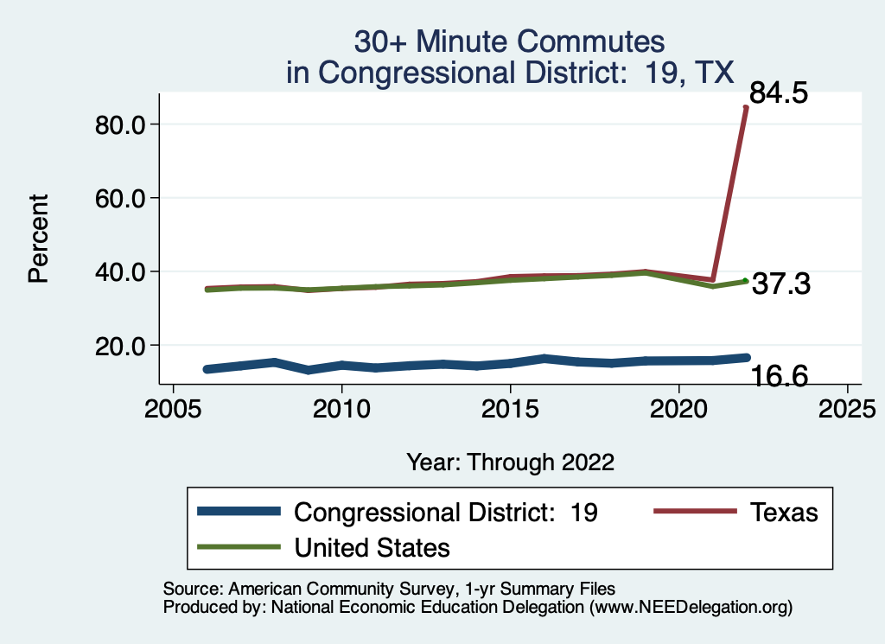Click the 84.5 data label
pyautogui.click(x=780, y=92)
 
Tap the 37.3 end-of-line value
pyautogui.click(x=780, y=284)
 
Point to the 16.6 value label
pyautogui.click(x=779, y=376)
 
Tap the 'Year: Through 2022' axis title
pyautogui.click(x=510, y=462)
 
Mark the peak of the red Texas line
pyautogui.click(x=746, y=107)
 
